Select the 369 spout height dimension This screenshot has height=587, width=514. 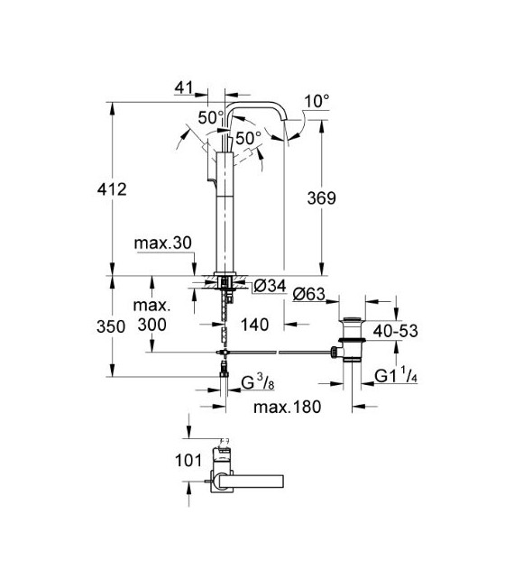(x=344, y=199)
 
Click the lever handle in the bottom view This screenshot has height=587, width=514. (x=257, y=479)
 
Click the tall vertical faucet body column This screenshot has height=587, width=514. (x=221, y=216)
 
